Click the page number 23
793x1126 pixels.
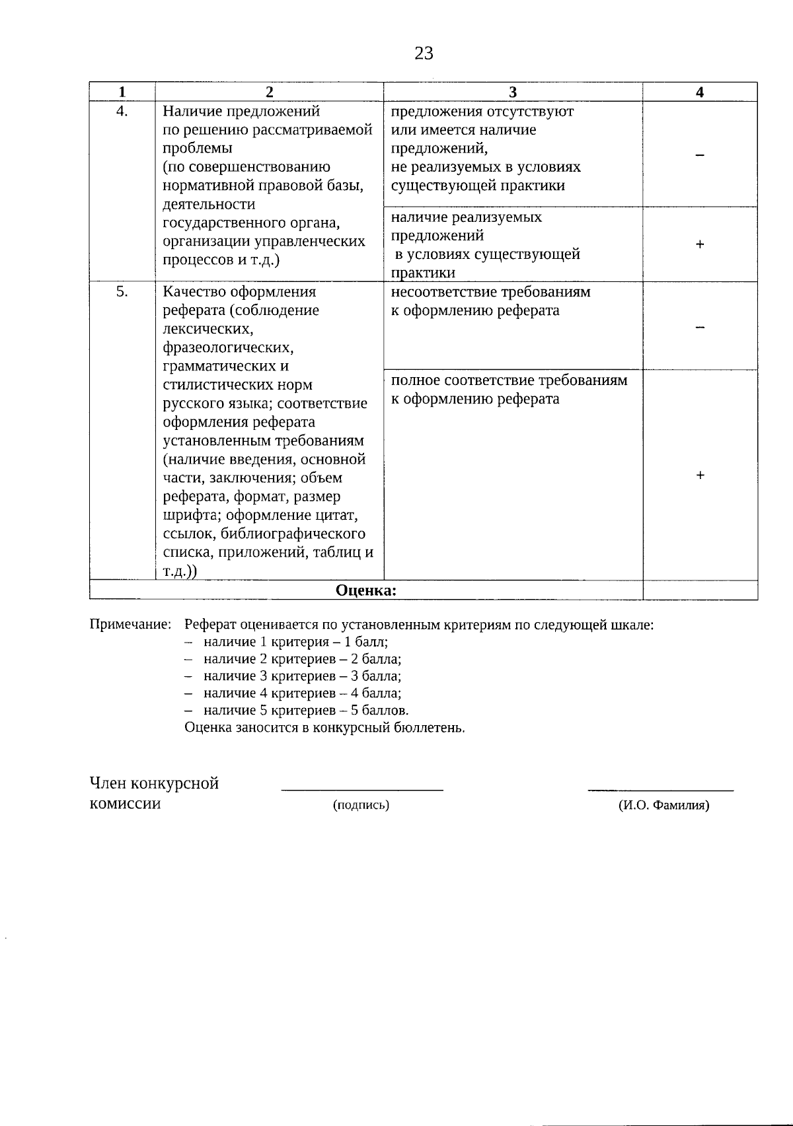[x=424, y=53]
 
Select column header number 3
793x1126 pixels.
[x=513, y=92]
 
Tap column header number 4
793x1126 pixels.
[x=700, y=92]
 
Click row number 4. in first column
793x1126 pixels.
[x=122, y=111]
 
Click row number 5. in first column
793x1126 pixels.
[x=122, y=291]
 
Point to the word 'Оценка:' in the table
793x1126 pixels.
[x=366, y=590]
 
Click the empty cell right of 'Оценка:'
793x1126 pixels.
[x=700, y=590]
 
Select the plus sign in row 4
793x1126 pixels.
[x=700, y=245]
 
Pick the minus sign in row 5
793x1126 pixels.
[x=700, y=327]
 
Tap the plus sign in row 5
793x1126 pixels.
[x=700, y=475]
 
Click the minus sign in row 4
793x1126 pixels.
[x=700, y=155]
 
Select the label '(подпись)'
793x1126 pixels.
[x=361, y=805]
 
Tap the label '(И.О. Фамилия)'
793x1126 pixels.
[x=663, y=805]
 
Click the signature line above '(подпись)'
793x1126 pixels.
[x=362, y=789]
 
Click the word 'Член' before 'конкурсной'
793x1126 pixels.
[x=108, y=784]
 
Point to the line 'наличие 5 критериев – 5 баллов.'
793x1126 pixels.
[x=305, y=711]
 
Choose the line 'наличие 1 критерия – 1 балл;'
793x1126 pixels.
[x=295, y=642]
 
